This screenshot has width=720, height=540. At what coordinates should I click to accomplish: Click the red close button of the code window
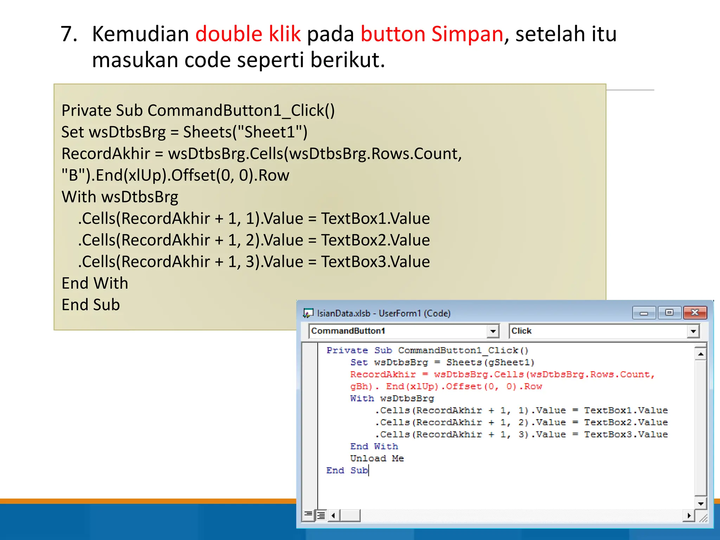click(x=695, y=313)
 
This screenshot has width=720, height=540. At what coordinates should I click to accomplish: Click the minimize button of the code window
click(x=644, y=313)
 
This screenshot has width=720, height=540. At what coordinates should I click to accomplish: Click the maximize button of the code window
click(x=669, y=313)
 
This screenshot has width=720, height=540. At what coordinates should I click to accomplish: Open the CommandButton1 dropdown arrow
click(x=493, y=331)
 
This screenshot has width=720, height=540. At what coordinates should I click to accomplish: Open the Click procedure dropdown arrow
click(x=693, y=331)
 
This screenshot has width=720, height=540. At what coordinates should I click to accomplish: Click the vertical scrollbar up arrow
click(x=701, y=354)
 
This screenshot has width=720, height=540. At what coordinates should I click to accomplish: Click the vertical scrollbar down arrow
click(x=701, y=503)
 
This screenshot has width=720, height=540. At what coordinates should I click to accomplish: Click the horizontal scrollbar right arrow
click(x=689, y=515)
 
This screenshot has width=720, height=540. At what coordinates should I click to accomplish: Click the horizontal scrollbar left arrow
click(x=333, y=516)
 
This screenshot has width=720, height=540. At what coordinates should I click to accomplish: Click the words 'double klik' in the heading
click(x=248, y=34)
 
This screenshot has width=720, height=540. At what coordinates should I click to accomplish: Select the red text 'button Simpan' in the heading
click(x=432, y=34)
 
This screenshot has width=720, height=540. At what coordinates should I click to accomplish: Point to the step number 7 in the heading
click(x=69, y=34)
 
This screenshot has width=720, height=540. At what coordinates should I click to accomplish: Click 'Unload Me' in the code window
click(x=377, y=458)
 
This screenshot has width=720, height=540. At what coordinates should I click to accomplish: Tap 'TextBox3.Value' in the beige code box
click(x=375, y=262)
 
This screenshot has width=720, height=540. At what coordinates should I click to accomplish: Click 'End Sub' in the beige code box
click(x=91, y=304)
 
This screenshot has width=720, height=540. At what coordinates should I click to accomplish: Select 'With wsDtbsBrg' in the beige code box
click(x=120, y=197)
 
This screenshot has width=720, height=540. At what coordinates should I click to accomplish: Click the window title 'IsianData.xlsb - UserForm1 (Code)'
click(x=384, y=313)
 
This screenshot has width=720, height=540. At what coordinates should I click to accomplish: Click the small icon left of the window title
click(x=308, y=313)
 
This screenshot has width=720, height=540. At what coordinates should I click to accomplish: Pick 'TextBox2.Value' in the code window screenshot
click(x=626, y=422)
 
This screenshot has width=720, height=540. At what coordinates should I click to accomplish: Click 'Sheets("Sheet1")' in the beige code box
click(x=245, y=132)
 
